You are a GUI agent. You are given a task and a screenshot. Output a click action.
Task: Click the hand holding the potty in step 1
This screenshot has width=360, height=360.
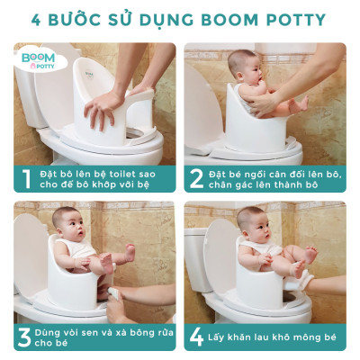point(103,105)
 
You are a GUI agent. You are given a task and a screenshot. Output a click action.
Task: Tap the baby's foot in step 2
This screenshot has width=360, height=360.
point(298,101)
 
